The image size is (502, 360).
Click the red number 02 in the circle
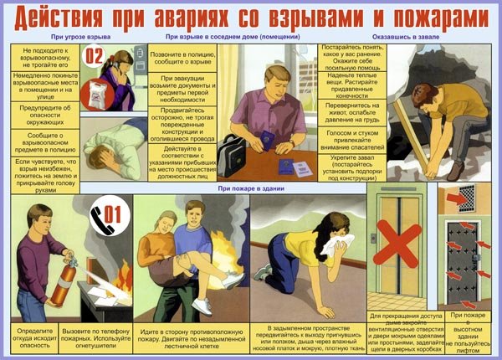click(x=95, y=59)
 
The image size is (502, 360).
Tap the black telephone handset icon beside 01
click(x=99, y=211)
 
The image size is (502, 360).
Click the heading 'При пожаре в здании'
click(x=250, y=189)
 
